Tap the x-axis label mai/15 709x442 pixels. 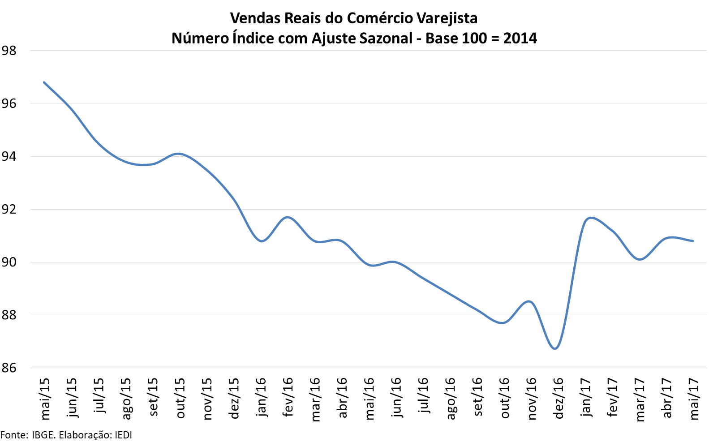click(45, 399)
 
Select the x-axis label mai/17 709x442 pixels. click(694, 399)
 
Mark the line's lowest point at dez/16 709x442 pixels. click(555, 348)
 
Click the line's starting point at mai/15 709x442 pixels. click(44, 82)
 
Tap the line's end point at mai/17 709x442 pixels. click(693, 241)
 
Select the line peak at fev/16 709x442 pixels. click(288, 217)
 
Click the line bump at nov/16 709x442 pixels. click(530, 301)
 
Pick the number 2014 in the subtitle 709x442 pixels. click(520, 38)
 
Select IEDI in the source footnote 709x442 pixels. click(123, 435)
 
